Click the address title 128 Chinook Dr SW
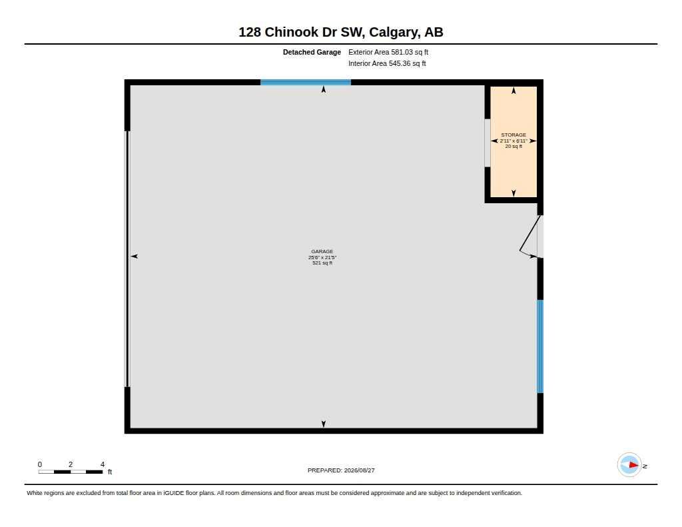pos(302,32)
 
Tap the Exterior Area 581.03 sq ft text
pos(388,52)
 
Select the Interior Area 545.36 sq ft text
pos(387,63)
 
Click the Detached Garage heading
pos(312,52)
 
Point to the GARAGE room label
pos(322,252)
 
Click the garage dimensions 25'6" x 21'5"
pos(322,257)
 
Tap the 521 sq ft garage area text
pos(322,263)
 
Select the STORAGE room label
pos(513,135)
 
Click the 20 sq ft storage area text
pos(513,146)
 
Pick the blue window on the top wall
pos(306,82)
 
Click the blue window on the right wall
pos(540,346)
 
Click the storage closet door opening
pos(488,143)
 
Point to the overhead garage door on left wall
pos(127,259)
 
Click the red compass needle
pos(633,465)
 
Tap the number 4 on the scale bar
pos(103,464)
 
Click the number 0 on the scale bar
pos(40,464)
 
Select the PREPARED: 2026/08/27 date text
pos(341,470)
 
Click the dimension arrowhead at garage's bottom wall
pos(324,424)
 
